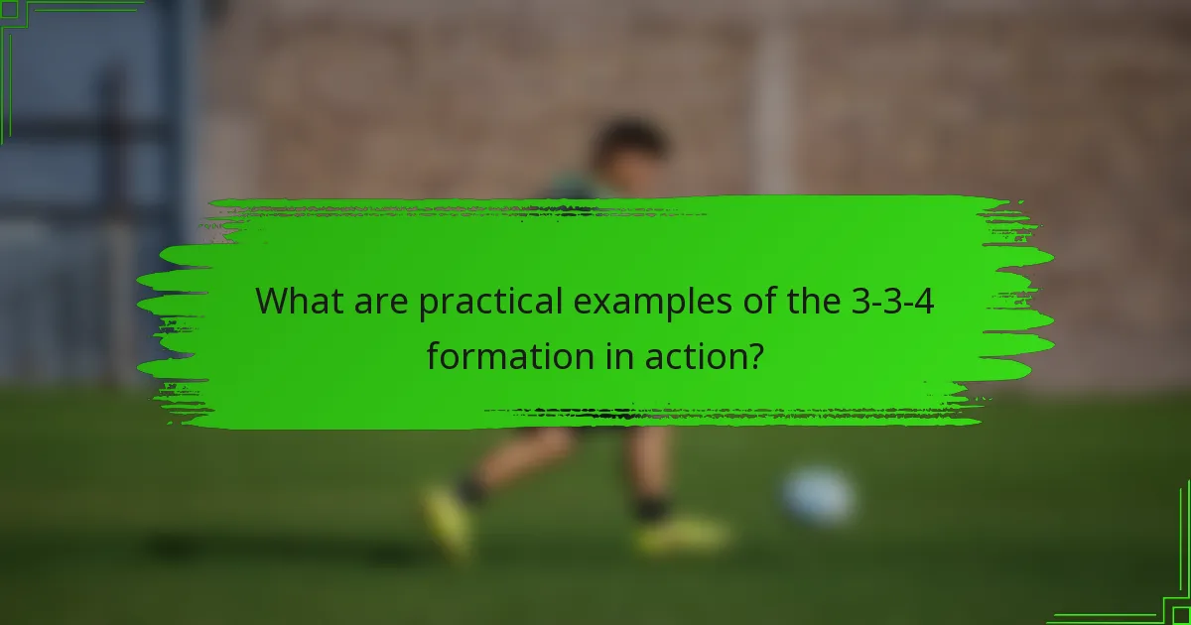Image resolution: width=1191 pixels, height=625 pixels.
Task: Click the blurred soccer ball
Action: [x=818, y=493]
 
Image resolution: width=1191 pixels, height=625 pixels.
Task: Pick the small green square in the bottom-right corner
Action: [x=1181, y=615]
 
